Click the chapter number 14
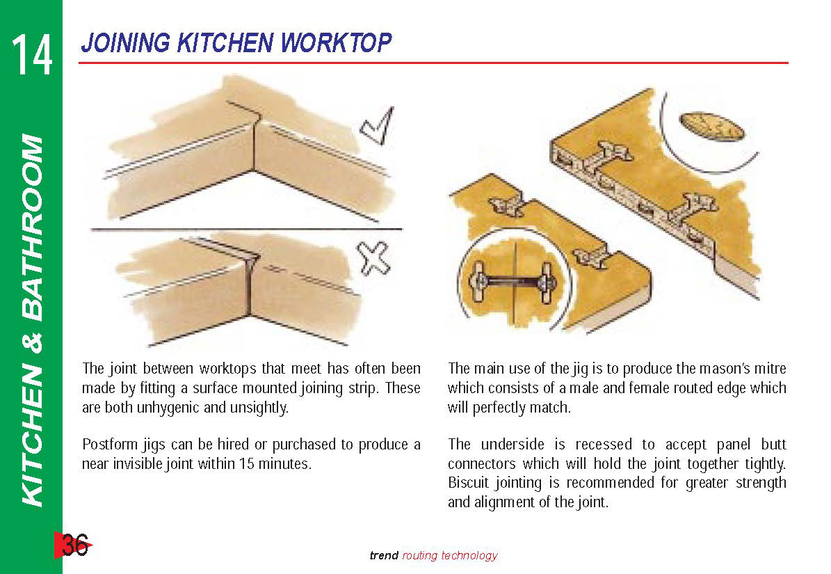pos(32,54)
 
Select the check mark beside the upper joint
pos(378,126)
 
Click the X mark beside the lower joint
pos(373,260)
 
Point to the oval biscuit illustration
pos(712,126)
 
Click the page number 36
pos(74,544)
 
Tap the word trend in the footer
pos(384,555)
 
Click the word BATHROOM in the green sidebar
pos(32,228)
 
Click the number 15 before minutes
pos(247,464)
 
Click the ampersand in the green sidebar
pos(33,343)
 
